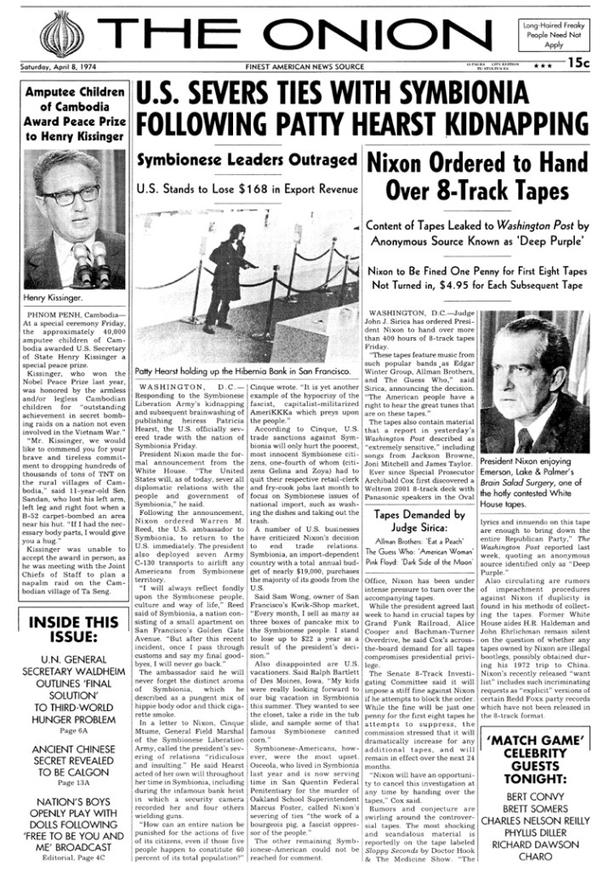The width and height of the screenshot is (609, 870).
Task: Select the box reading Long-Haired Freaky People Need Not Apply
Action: [x=555, y=34]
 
